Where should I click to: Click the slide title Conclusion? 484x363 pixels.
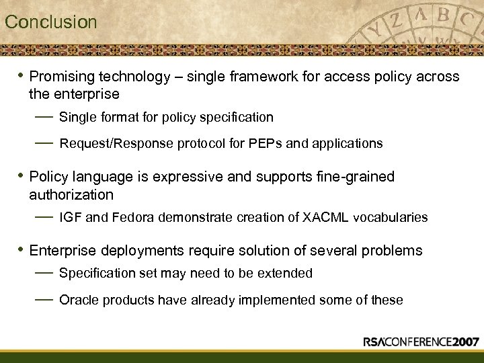[x=51, y=22]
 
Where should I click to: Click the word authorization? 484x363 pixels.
[x=71, y=195]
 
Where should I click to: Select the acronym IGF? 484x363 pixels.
[x=70, y=217]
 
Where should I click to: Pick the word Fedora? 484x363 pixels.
[x=132, y=217]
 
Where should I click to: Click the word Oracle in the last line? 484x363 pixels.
[x=78, y=300]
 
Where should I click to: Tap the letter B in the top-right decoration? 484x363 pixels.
[x=443, y=16]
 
